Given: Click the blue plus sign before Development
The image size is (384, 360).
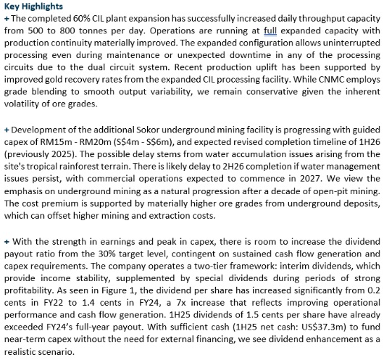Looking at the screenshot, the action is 7,129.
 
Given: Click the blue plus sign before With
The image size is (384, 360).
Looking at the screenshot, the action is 7,239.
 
